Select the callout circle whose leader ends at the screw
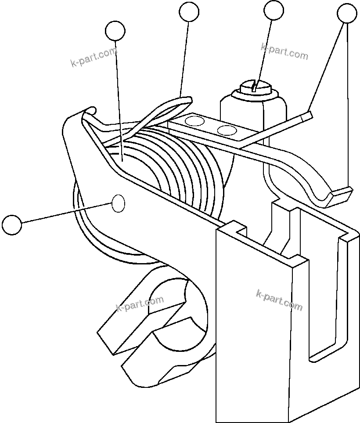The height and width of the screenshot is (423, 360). [274, 11]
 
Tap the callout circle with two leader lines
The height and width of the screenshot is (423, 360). [347, 14]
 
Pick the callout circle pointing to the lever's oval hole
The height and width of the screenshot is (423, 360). [11, 224]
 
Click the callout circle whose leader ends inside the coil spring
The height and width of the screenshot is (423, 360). [115, 31]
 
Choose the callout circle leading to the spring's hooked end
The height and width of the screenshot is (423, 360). [189, 11]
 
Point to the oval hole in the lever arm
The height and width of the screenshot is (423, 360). [119, 204]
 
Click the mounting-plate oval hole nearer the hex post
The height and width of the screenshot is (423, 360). [227, 130]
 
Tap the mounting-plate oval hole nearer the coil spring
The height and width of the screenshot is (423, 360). [195, 121]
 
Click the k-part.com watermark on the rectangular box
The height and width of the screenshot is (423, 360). [279, 300]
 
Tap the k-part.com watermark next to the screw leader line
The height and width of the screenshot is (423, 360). [284, 51]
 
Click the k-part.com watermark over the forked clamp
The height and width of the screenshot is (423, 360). [140, 303]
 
